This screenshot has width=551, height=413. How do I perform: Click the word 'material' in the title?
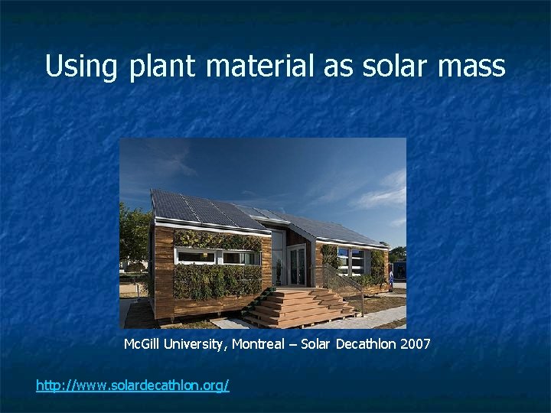click(x=259, y=67)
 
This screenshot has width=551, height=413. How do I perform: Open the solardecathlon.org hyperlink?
click(x=132, y=385)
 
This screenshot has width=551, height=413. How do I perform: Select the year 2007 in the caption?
click(x=416, y=344)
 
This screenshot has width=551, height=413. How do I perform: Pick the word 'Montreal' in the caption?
click(x=261, y=344)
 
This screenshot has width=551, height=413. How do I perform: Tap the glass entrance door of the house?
click(x=295, y=265)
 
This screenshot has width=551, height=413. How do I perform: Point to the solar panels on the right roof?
click(x=329, y=228)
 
